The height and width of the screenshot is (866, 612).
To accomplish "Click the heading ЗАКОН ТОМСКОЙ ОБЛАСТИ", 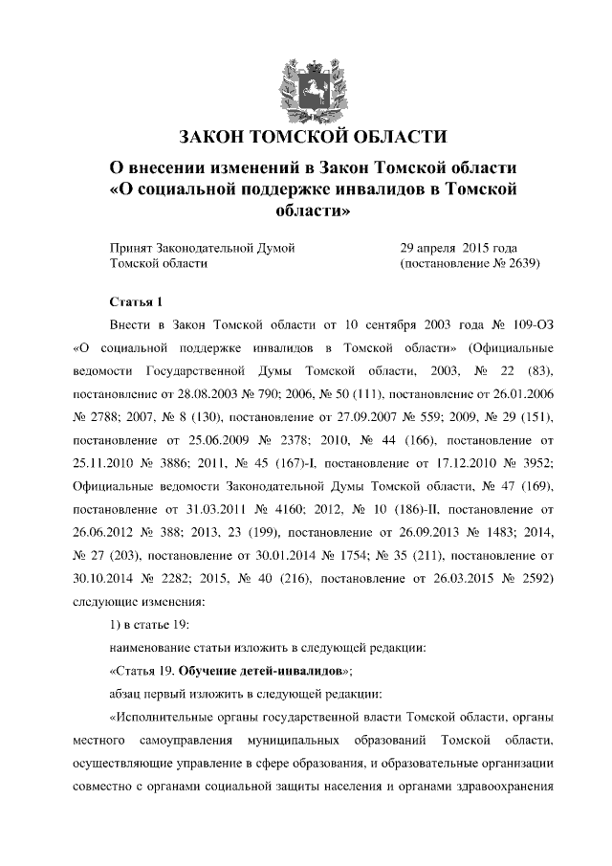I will tap(307, 135).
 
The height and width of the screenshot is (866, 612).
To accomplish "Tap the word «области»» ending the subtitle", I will tap(307, 209).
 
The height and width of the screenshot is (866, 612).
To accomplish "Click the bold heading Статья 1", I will tap(139, 302).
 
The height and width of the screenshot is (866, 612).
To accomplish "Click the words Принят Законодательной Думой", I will tap(203, 247).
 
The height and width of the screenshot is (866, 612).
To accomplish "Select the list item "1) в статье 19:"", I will tap(151, 624).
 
